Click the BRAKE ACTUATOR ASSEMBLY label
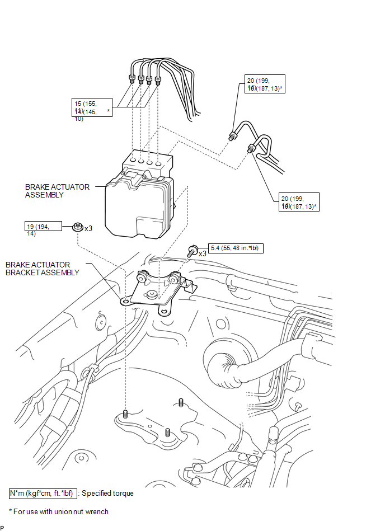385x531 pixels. (x=57, y=191)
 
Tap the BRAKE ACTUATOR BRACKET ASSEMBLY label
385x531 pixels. (x=42, y=269)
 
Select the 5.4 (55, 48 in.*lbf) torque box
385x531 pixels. (x=236, y=248)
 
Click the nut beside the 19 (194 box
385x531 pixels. (x=77, y=227)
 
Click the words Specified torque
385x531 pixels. (x=108, y=494)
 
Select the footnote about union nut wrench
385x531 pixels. (x=59, y=511)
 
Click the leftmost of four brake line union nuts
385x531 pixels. (x=131, y=78)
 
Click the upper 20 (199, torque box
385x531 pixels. (x=265, y=84)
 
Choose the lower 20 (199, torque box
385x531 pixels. (x=299, y=203)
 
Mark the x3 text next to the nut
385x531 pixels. (x=88, y=228)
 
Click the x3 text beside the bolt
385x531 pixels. (x=203, y=253)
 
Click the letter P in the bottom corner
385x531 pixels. (x=2, y=527)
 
